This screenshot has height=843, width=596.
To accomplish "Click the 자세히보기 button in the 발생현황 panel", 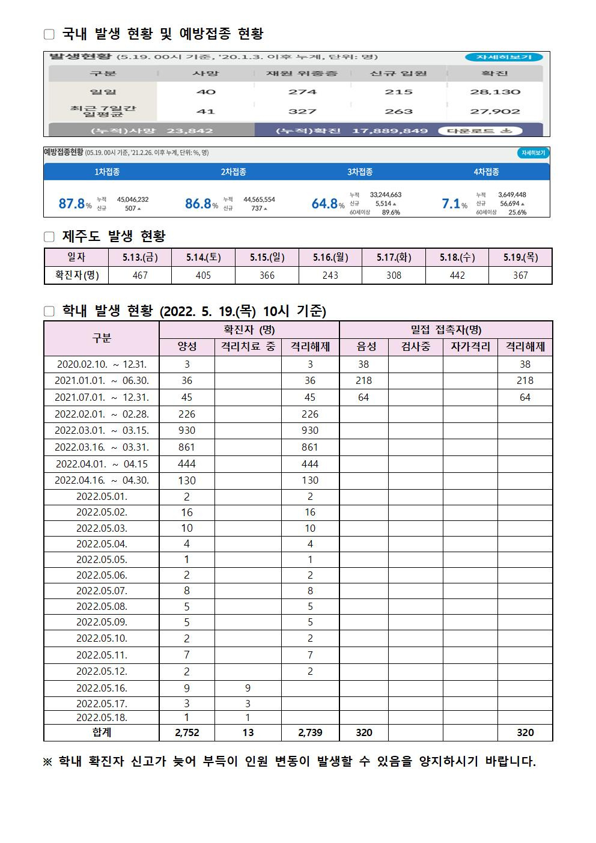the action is coord(503,57).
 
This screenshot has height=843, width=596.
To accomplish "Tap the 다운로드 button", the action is coord(480,130).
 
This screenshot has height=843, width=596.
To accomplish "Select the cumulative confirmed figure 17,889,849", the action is coord(390,130).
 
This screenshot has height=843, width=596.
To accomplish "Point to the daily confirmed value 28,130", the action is coord(495,92).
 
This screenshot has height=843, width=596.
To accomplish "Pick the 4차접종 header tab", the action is coord(486,172).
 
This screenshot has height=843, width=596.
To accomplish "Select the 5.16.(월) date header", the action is coord(330,257).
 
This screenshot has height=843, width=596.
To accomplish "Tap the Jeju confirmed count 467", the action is coord(140,275).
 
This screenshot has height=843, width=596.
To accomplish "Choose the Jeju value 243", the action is coord(330,275).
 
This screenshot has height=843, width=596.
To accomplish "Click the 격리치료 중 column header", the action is coord(248,347).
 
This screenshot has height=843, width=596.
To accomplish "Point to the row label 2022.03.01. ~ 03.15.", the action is coord(102,430).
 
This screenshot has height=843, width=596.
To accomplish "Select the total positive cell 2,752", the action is coord(187,732).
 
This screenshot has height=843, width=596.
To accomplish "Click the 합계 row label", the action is coord(102,732).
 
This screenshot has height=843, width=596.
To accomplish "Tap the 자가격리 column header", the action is coord(470,347).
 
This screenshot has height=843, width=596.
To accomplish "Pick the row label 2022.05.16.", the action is coord(102,688).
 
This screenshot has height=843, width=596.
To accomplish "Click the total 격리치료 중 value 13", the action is coord(248,732).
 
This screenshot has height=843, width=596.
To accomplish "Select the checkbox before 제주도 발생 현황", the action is coord(49,237).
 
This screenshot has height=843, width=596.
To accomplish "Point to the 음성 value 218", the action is coord(363,380).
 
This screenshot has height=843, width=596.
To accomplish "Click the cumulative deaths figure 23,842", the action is coord(190,130).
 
